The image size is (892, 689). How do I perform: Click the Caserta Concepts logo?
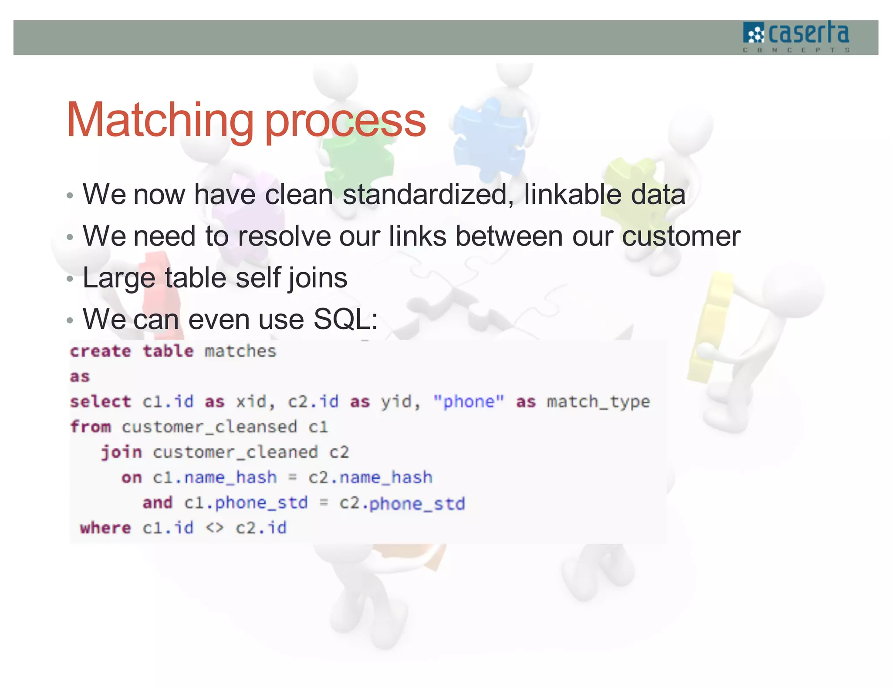[796, 37]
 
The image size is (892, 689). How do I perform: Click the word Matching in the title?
[160, 120]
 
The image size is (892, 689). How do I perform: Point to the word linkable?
[572, 194]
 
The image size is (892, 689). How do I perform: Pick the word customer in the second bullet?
[681, 236]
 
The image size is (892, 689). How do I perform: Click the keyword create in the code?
[101, 351]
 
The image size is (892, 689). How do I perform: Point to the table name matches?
[240, 351]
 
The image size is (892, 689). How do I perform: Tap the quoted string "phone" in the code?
[469, 402]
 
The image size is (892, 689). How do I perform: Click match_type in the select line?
[598, 402]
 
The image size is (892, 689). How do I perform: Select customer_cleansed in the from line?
[209, 427]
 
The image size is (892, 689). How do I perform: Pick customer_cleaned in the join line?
[235, 452]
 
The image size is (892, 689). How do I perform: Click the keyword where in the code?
[105, 528]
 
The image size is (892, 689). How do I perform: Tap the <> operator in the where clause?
[215, 528]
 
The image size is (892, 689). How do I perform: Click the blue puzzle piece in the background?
[488, 139]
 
